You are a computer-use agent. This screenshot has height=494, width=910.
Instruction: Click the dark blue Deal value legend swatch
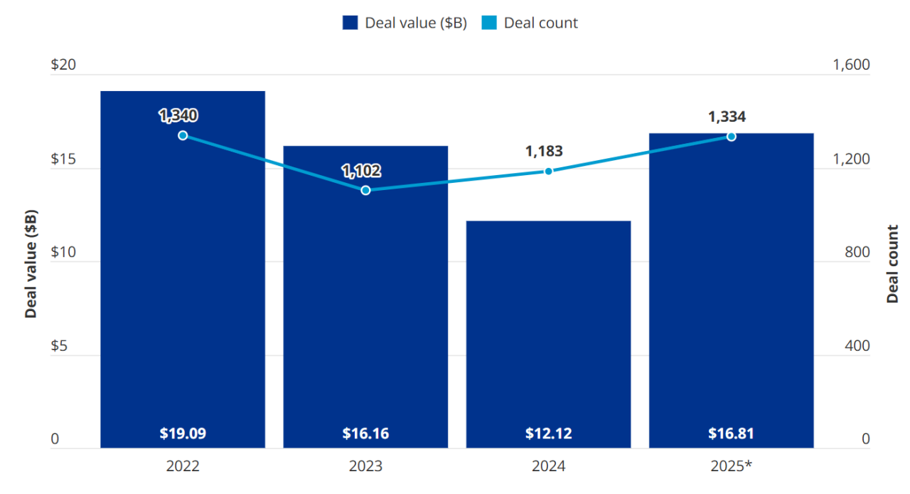click(350, 23)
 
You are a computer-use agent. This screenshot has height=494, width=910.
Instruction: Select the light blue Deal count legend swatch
click(489, 23)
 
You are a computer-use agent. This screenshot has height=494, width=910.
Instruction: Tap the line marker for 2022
click(183, 135)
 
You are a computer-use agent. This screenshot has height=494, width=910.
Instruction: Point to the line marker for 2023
click(365, 190)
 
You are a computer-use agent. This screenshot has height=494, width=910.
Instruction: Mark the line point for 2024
click(548, 171)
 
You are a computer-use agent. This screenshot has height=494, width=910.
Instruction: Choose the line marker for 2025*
click(731, 136)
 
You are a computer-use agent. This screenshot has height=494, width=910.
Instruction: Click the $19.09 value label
click(183, 433)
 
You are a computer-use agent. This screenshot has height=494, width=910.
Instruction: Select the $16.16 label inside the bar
click(365, 433)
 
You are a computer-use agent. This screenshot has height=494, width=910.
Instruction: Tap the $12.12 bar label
click(548, 433)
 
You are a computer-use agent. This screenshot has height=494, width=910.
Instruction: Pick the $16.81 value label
click(731, 433)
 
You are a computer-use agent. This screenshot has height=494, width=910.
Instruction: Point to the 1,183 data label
click(544, 151)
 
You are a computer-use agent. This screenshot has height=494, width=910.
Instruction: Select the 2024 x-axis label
click(548, 466)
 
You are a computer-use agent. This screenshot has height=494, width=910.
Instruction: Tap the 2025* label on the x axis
click(731, 466)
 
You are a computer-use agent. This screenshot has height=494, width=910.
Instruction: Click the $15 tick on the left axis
click(63, 159)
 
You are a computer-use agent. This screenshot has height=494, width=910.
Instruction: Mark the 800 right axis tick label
click(857, 253)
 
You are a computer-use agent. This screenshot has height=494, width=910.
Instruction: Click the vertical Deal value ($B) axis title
click(31, 264)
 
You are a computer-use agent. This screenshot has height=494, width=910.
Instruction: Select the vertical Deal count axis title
click(892, 264)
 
